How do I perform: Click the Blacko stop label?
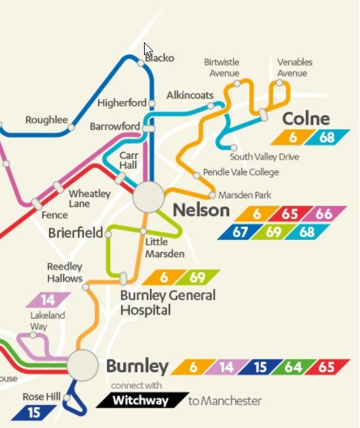pos(160,58)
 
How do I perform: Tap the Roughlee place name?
pos(46,119)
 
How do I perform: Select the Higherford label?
pos(122,103)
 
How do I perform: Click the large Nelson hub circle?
pos(148,198)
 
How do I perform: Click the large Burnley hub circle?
pos(82,365)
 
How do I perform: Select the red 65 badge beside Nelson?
pos(290,213)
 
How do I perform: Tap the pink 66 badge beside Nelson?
pos(324,213)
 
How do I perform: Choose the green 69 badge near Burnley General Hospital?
pos(197,277)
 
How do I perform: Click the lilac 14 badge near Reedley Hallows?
pos(48,300)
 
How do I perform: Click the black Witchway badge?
pos(139,401)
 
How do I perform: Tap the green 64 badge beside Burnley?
pos(293,367)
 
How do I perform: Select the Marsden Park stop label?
pos(244,195)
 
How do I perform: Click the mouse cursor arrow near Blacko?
pos(148,51)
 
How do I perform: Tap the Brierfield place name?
pos(76,233)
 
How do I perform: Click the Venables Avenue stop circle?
pos(280,83)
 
